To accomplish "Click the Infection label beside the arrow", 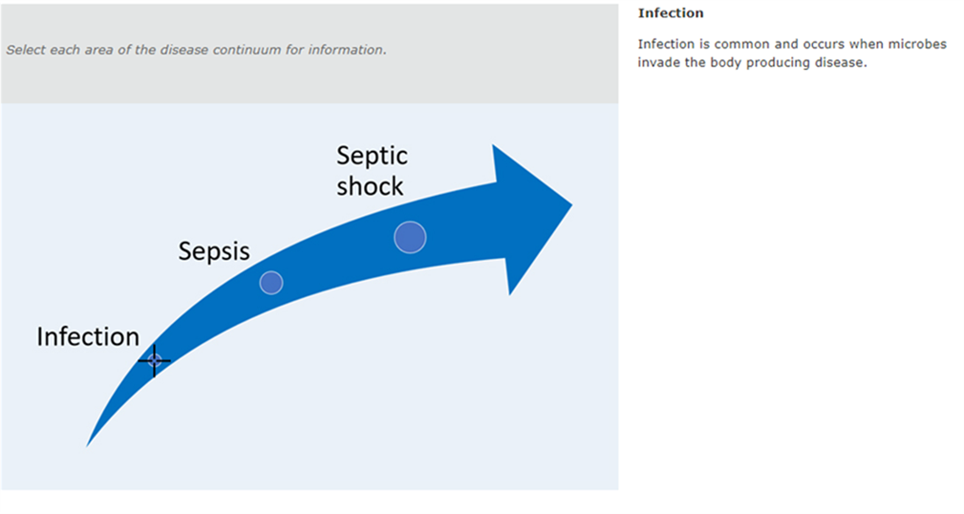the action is point(88,337).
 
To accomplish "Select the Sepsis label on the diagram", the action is point(214,252).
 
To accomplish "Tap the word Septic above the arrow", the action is point(372,157).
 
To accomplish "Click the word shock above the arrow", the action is point(370,186).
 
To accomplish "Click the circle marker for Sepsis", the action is point(271,283).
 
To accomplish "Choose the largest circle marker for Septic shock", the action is point(410,237).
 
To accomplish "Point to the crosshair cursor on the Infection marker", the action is point(155,360).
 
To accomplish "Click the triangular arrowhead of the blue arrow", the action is point(532,219).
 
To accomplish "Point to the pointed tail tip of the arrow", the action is point(87,446).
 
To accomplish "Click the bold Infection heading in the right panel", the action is point(671,13).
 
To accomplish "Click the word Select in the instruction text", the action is point(26,50).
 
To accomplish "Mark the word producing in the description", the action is point(778,63).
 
